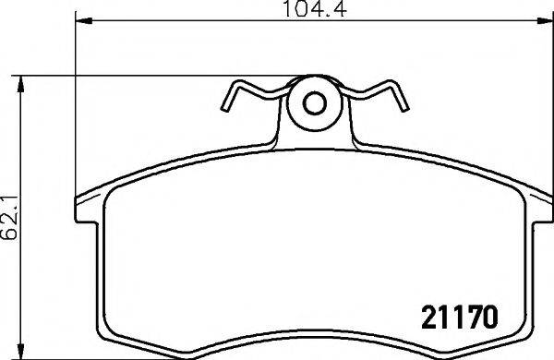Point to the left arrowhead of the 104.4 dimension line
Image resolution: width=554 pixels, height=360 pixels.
[78, 19]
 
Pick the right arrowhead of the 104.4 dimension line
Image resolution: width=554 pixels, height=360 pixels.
[543, 19]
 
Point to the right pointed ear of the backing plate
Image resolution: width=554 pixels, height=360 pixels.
[545, 200]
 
